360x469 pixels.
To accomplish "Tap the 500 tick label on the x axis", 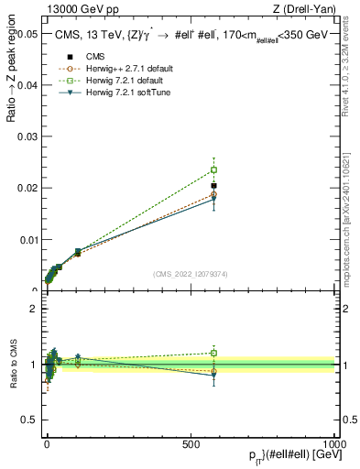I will tap(191, 443).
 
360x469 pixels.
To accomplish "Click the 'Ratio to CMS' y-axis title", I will tap(13, 365).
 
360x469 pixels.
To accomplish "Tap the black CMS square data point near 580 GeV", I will tap(213, 186).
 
